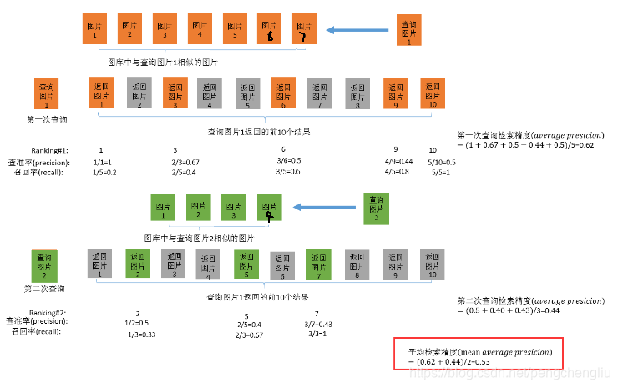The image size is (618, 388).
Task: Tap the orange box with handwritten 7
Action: pyautogui.click(x=305, y=33)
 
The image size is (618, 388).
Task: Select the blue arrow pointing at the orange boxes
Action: pyautogui.click(x=351, y=32)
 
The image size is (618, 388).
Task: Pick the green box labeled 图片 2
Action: pyautogui.click(x=198, y=208)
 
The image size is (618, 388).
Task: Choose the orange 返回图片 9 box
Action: pyautogui.click(x=394, y=93)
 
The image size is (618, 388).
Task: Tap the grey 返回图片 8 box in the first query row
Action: pyautogui.click(x=357, y=94)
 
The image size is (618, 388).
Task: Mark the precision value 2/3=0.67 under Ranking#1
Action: pyautogui.click(x=185, y=161)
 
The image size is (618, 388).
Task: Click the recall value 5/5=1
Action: pyautogui.click(x=442, y=172)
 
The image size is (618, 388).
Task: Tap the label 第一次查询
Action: pyautogui.click(x=47, y=120)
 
